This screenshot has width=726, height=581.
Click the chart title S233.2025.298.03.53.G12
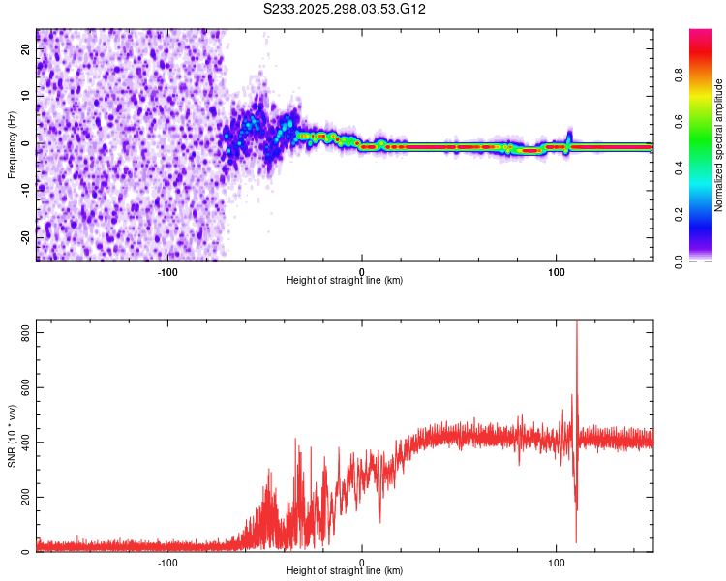346,9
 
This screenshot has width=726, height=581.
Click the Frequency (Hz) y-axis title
12,145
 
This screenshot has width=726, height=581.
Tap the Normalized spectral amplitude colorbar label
719,145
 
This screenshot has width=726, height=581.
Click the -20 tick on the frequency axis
24,237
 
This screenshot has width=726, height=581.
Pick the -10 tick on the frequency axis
24,190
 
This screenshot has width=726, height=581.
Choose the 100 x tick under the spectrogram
557,272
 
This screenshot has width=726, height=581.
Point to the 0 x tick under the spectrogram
362,272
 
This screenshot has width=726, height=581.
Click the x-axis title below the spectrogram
345,281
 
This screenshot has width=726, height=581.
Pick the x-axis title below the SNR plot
345,571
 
